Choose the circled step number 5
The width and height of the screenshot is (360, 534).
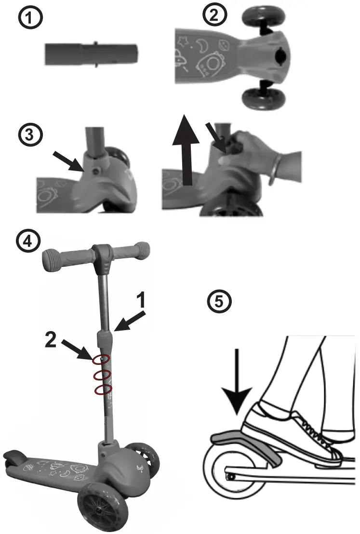point(219,302)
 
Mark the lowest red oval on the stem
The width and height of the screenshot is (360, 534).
point(101,389)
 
